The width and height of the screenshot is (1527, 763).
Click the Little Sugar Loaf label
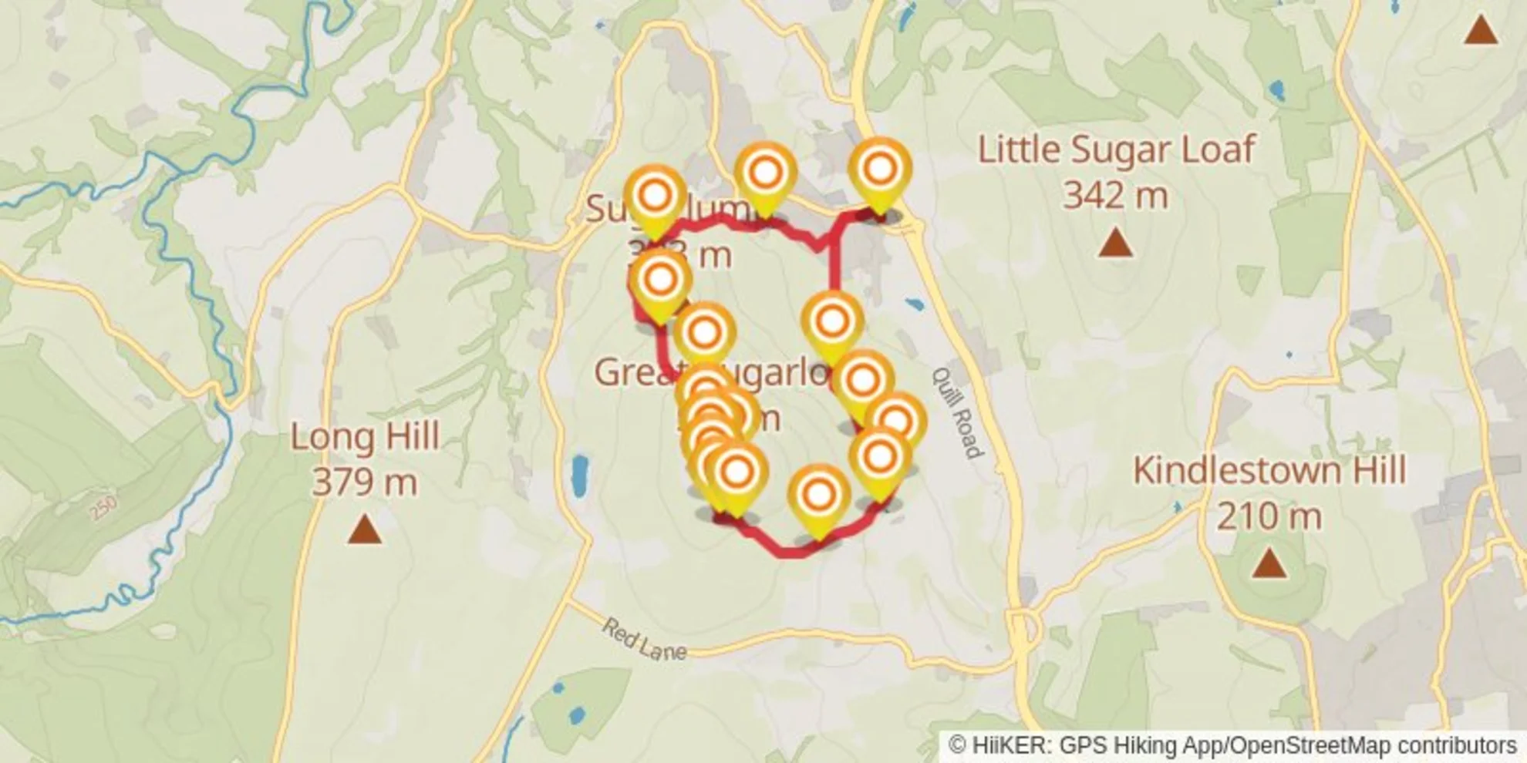click(x=1116, y=150)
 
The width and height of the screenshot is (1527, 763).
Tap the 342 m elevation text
click(x=1115, y=195)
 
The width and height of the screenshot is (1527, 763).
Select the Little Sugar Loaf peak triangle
click(x=1115, y=244)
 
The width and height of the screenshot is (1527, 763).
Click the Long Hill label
click(x=365, y=437)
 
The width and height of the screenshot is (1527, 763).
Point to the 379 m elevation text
click(x=365, y=482)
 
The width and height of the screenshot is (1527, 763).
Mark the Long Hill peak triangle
click(x=365, y=530)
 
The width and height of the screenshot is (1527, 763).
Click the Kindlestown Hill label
click(x=1269, y=470)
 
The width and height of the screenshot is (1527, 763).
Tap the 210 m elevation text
click(x=1269, y=516)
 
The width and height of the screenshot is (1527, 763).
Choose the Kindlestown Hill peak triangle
click(x=1269, y=563)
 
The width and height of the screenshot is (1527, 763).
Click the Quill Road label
click(x=958, y=412)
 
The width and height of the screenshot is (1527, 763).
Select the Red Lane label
click(x=644, y=640)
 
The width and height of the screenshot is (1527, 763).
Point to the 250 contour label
click(x=103, y=507)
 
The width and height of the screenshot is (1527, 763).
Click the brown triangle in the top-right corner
click(x=1481, y=31)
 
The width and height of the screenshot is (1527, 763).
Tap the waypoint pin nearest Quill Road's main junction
click(x=880, y=170)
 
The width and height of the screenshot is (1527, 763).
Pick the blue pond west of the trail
click(x=579, y=475)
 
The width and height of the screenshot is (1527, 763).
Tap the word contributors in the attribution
click(x=1457, y=745)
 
